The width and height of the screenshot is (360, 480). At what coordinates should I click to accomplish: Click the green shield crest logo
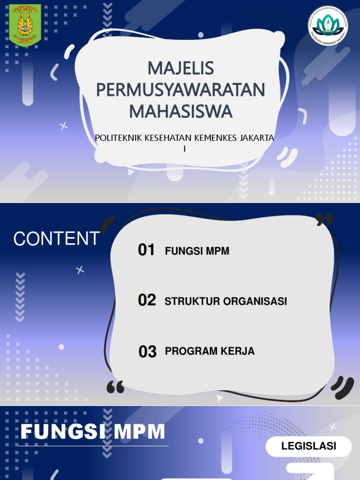coord(25,26)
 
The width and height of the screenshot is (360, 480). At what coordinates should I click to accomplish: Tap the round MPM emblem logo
coord(328,25)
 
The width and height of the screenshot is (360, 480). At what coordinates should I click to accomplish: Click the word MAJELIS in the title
coord(180,68)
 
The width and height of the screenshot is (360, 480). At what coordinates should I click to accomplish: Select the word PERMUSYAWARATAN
coord(180,90)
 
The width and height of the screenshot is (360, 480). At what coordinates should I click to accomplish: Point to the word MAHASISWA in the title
coord(180,112)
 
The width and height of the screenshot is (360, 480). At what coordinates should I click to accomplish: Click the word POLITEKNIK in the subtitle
coord(117,138)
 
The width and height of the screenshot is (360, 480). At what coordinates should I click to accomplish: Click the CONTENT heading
coord(56,239)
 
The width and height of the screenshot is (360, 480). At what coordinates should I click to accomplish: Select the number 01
coord(146,250)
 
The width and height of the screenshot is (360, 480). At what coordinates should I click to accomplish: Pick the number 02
coord(147,300)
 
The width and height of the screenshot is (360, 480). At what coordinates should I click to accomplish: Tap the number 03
coord(147,352)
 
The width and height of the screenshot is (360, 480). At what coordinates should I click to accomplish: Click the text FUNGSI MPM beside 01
coord(197,251)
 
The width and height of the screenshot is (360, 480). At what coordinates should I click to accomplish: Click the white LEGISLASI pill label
coord(308,446)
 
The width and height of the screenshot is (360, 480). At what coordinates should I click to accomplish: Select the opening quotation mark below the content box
coord(115,387)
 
